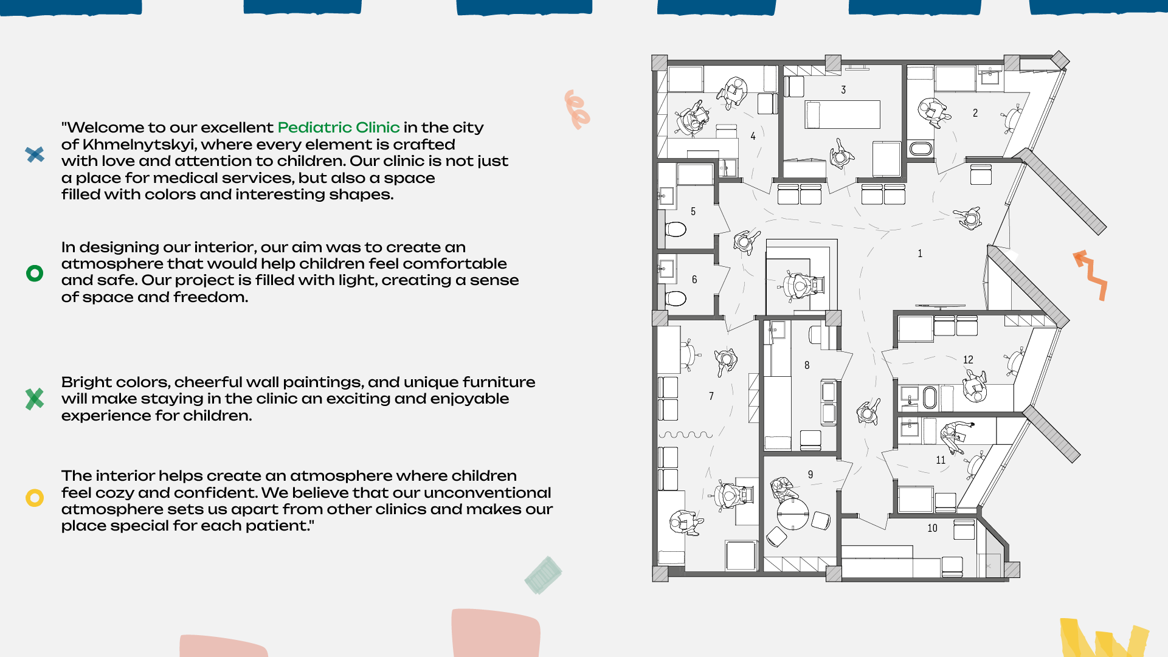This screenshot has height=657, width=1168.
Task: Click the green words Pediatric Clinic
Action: coord(339,128)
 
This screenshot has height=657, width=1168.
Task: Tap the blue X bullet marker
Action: coord(35,154)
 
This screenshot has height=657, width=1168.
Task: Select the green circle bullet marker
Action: coord(35,273)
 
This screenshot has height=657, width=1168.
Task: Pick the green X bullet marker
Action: coord(35,399)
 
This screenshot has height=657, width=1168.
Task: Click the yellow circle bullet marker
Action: coord(35,498)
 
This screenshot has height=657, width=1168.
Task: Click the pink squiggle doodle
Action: coord(576,109)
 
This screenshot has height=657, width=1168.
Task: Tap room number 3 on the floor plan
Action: coord(843,90)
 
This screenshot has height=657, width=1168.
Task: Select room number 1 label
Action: coord(920,253)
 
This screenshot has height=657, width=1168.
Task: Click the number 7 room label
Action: coord(711,396)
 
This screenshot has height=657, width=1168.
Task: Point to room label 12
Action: coord(968,360)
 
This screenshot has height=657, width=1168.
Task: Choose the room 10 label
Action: coord(932,528)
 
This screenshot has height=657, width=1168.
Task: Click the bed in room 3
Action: coord(843,114)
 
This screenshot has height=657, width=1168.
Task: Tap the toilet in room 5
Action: coord(676,229)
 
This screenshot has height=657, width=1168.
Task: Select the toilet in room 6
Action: coord(676,298)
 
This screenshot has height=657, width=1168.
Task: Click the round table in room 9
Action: coord(793,514)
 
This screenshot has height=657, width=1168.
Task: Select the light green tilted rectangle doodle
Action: coord(543,575)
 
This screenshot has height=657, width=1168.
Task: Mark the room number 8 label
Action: coord(807,365)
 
